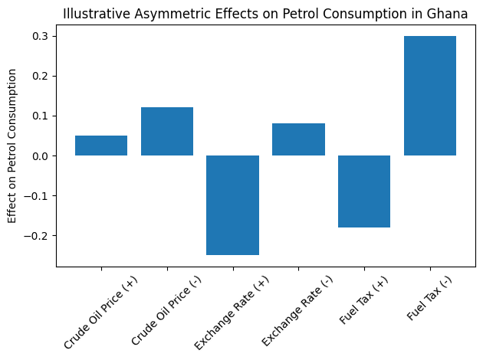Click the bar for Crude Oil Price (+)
click(x=101, y=146)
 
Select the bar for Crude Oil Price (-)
click(x=167, y=132)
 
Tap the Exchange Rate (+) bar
click(x=232, y=205)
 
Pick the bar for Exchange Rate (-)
click(x=298, y=139)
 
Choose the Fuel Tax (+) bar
click(x=364, y=191)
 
